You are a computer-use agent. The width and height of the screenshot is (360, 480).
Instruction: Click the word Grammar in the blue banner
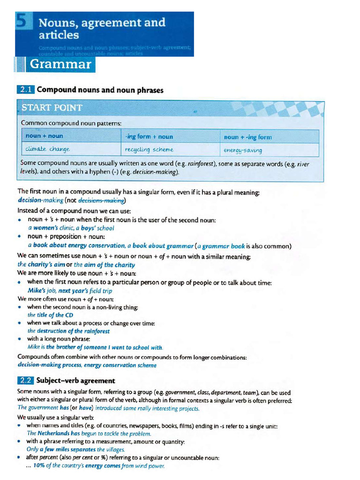(x=60, y=65)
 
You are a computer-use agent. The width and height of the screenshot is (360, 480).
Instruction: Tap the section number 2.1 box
(x=26, y=90)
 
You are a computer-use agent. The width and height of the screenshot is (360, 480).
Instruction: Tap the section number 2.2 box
(x=26, y=380)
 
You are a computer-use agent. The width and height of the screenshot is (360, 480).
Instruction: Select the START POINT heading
(x=52, y=108)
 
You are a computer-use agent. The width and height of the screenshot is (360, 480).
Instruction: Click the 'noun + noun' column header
(x=45, y=136)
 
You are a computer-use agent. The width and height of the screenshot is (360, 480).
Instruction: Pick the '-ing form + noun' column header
(x=149, y=137)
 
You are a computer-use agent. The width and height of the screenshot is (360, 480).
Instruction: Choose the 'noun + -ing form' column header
(x=248, y=137)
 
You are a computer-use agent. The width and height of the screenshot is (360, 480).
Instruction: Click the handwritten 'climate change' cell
(x=48, y=150)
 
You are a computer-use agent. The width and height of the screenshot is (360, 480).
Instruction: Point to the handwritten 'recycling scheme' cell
(x=149, y=150)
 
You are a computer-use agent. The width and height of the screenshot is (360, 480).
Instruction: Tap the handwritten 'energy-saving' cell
(x=243, y=150)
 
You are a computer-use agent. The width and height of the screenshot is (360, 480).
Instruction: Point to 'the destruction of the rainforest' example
(x=68, y=331)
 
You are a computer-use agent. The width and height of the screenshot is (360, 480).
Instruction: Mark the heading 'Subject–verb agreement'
(x=76, y=380)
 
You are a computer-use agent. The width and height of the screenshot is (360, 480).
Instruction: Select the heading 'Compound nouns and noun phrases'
(x=100, y=90)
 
